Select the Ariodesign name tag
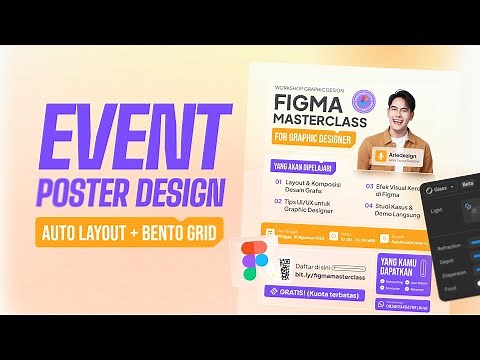click(x=402, y=157)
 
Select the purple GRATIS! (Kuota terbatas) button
click(x=316, y=292)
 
